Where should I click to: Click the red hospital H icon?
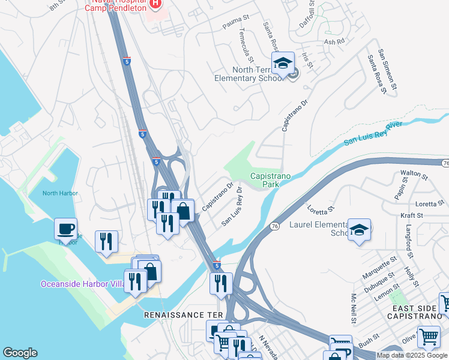click(x=155, y=4)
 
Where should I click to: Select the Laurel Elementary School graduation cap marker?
click(x=359, y=229)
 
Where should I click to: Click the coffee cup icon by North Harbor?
click(x=65, y=229)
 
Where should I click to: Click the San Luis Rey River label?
click(x=373, y=133)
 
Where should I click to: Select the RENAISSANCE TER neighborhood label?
click(x=183, y=315)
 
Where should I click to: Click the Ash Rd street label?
click(x=334, y=42)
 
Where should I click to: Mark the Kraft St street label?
click(x=411, y=215)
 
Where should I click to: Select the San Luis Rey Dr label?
click(x=232, y=206)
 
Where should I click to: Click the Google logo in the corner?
click(x=20, y=353)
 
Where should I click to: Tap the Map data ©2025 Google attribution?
click(x=412, y=355)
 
